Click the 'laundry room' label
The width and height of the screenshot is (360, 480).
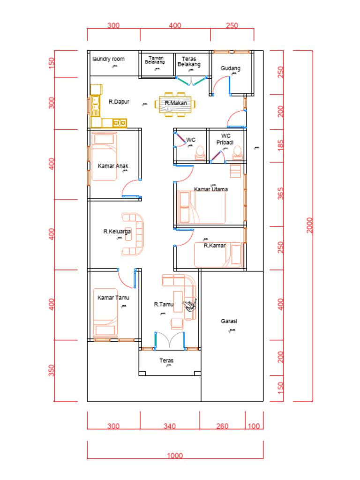(108, 59)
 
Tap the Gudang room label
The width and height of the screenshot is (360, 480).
(231, 68)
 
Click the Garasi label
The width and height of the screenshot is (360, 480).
(229, 321)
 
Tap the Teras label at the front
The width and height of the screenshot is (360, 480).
(166, 361)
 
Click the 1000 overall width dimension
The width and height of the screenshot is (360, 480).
(175, 455)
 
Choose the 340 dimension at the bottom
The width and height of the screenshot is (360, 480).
(170, 426)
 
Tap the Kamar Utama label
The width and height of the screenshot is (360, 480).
(211, 189)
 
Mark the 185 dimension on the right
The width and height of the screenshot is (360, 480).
(281, 146)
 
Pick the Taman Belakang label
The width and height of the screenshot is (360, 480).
(155, 60)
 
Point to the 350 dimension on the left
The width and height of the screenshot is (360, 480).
(52, 370)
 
